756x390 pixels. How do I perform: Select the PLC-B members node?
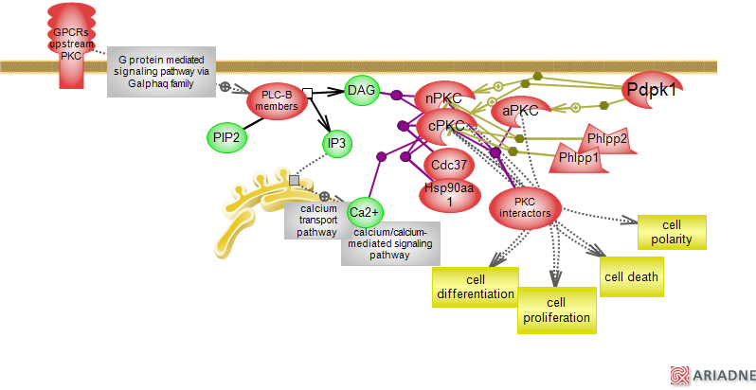(279, 100)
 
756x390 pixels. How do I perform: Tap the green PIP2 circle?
(225, 137)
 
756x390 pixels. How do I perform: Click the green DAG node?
(362, 90)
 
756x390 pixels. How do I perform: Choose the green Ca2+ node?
(365, 210)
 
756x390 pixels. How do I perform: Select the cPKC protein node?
(445, 126)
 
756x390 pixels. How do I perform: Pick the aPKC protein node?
(520, 111)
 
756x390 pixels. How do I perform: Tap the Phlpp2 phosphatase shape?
(607, 139)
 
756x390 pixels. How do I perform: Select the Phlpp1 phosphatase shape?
(578, 157)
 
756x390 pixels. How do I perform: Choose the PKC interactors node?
(525, 207)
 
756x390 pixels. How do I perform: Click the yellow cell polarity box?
(672, 232)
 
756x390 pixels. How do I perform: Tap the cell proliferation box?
(557, 310)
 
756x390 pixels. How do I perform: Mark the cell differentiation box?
(476, 287)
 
